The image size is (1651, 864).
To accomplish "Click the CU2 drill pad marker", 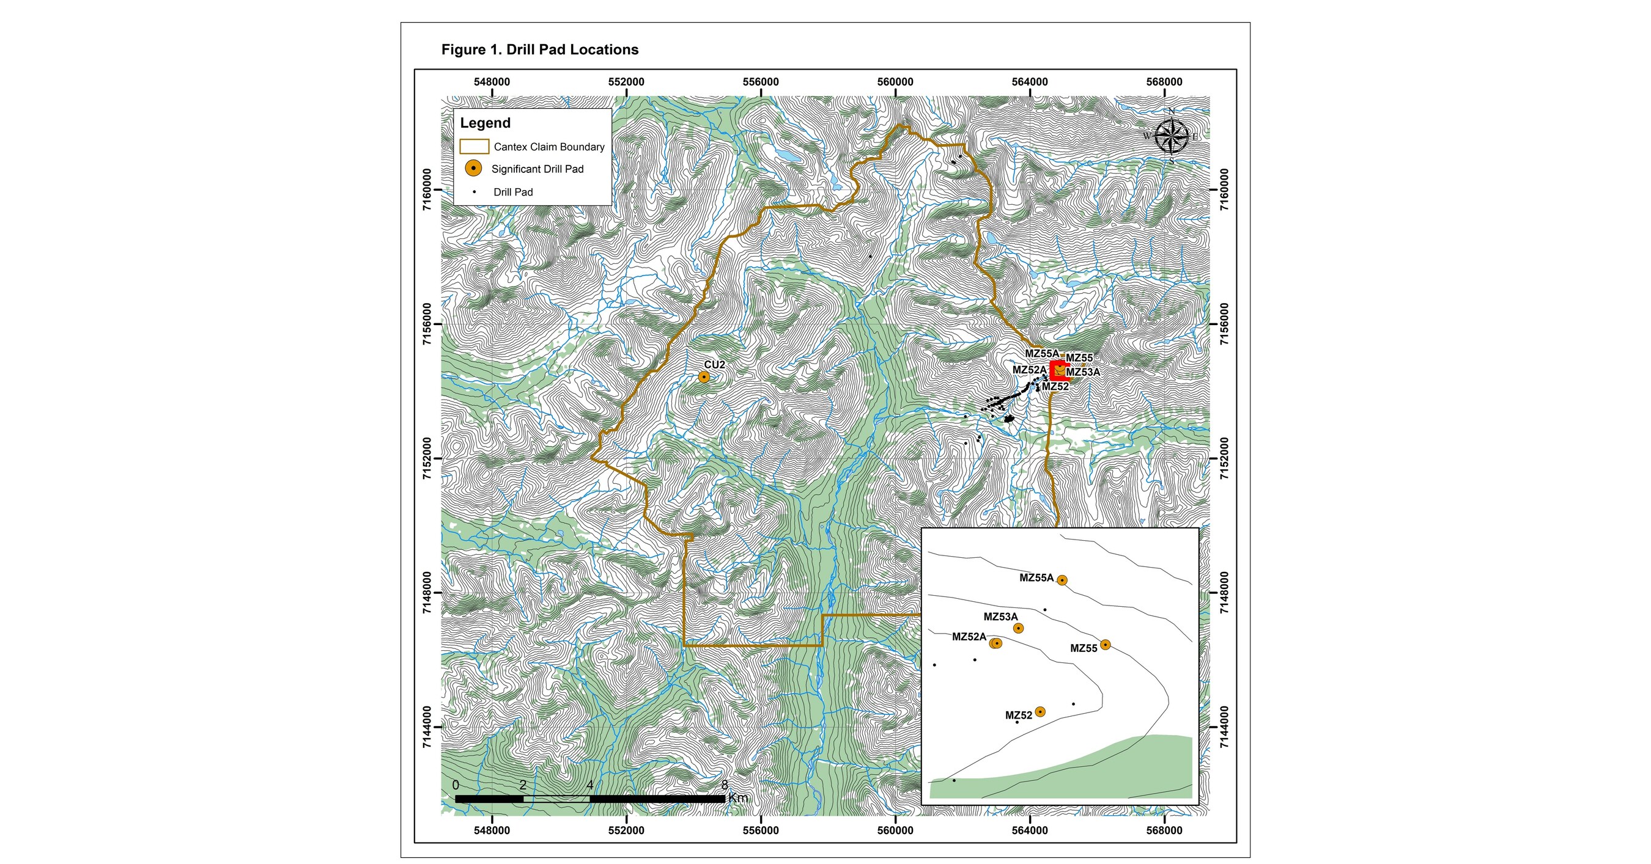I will pyautogui.click(x=704, y=376).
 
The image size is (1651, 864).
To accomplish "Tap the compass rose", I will pyautogui.click(x=1171, y=136).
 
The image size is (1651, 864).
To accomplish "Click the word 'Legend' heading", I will pyautogui.click(x=485, y=123).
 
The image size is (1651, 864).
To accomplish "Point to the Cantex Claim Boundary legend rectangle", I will pyautogui.click(x=475, y=147).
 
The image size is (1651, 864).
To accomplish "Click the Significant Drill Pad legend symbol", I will pyautogui.click(x=473, y=169).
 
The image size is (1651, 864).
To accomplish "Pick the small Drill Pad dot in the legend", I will pyautogui.click(x=475, y=191).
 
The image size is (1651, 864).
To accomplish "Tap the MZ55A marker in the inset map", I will pyautogui.click(x=1062, y=580).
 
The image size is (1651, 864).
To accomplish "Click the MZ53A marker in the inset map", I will pyautogui.click(x=1018, y=628).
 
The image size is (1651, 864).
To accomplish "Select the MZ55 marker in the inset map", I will pyautogui.click(x=1106, y=644).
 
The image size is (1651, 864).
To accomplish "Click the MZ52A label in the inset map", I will pyautogui.click(x=969, y=637).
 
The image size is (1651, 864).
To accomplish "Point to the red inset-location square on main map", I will pyautogui.click(x=1059, y=371).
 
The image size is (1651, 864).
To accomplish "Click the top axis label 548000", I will pyautogui.click(x=492, y=82).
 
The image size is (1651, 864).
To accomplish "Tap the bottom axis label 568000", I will pyautogui.click(x=1164, y=830).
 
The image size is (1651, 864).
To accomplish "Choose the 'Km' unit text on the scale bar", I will pyautogui.click(x=738, y=798).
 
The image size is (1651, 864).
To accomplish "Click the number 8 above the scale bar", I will pyautogui.click(x=725, y=785).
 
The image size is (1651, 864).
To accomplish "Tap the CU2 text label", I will pyautogui.click(x=715, y=364).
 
